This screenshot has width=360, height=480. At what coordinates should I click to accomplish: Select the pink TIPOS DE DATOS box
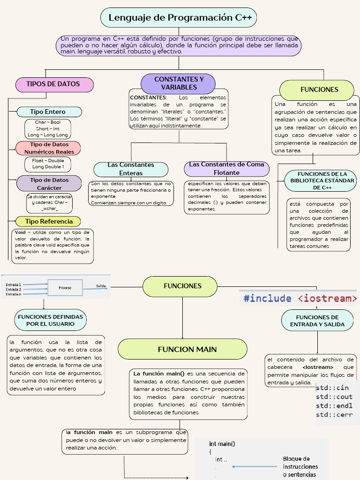tap(54, 84)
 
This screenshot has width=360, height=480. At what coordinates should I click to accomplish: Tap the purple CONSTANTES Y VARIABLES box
tap(179, 83)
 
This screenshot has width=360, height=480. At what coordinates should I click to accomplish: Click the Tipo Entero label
tap(49, 112)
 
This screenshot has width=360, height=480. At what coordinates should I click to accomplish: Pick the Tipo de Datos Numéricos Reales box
tap(49, 148)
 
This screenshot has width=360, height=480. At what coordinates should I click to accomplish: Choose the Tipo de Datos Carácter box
tap(49, 184)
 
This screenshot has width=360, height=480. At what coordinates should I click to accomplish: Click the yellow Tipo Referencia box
tap(48, 221)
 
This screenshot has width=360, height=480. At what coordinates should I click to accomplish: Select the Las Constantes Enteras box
tap(131, 169)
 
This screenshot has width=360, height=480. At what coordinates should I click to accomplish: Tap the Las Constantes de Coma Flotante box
tap(226, 168)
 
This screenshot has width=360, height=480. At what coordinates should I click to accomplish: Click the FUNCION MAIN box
tap(182, 349)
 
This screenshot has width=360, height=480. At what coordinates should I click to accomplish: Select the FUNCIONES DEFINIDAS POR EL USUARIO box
tap(50, 320)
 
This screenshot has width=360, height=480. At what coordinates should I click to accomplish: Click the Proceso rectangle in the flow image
tap(65, 287)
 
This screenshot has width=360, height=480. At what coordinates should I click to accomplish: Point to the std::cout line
tap(334, 397)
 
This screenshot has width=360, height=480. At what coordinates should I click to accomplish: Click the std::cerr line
tap(334, 414)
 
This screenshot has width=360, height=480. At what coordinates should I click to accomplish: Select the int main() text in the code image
tap(222, 443)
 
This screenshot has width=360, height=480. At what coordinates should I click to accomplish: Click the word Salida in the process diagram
tap(101, 285)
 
